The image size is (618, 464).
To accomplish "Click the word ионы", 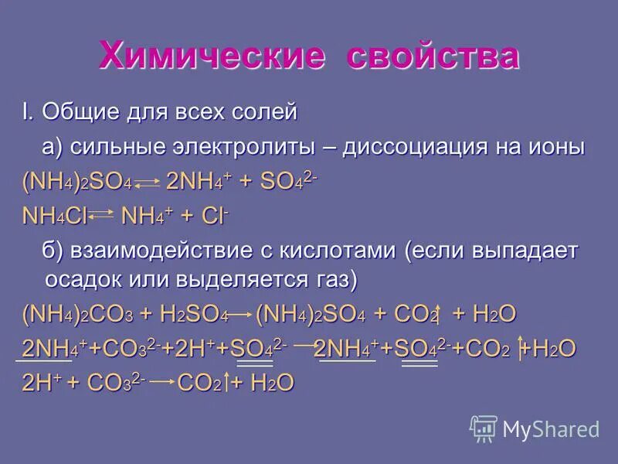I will (x=555, y=147).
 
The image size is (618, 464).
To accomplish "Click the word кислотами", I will (x=337, y=251).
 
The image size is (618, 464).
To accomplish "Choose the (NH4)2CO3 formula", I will (x=77, y=315).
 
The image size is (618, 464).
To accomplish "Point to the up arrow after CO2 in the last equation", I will (x=228, y=383).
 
